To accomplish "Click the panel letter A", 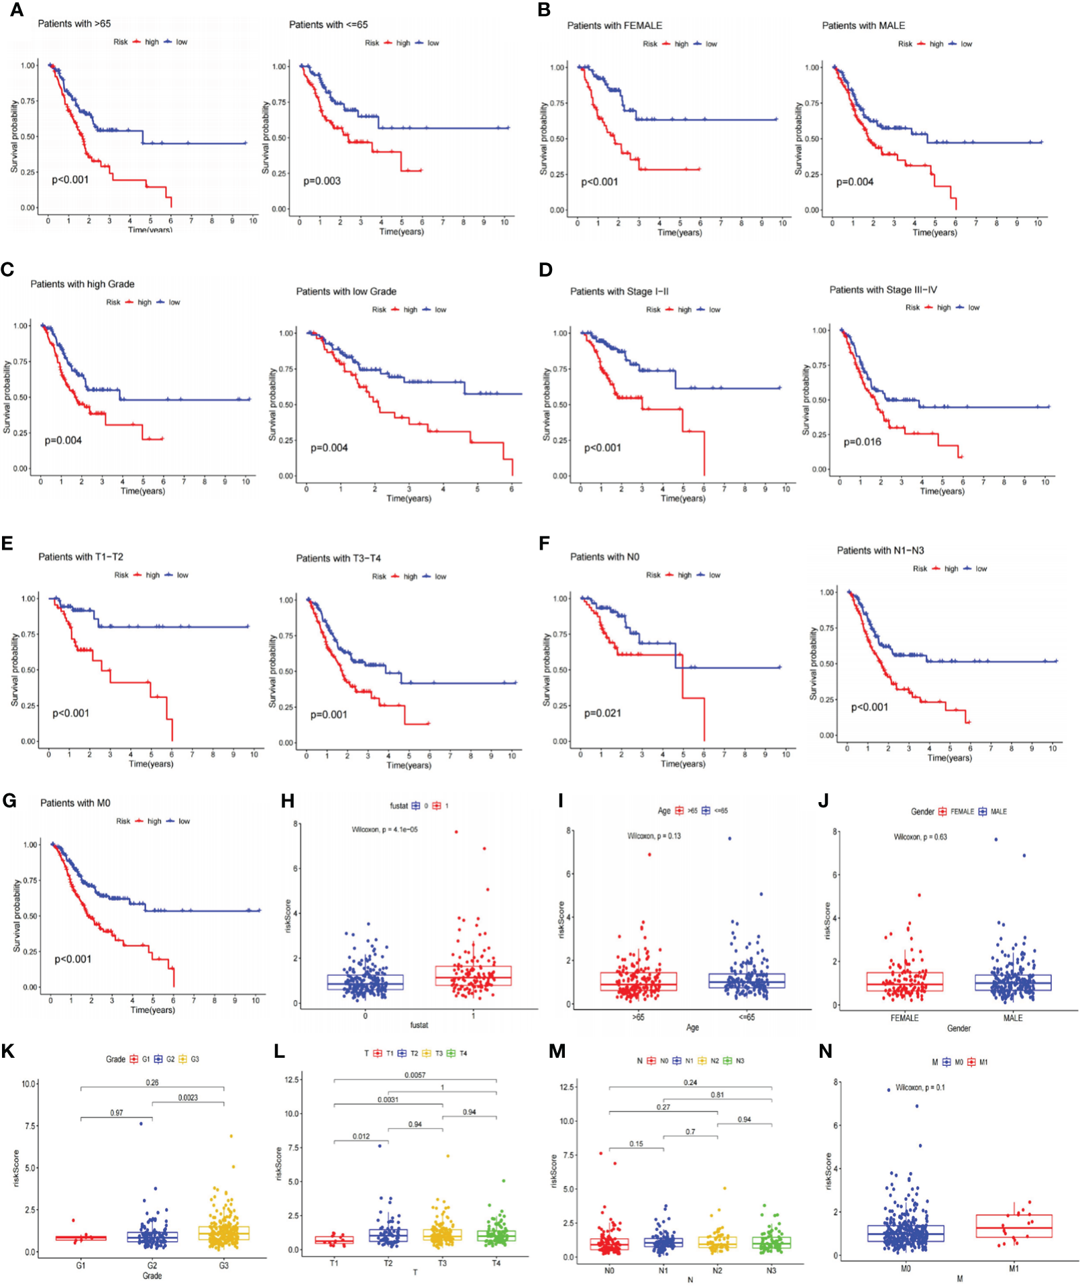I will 16,10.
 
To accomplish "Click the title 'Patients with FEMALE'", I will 614,26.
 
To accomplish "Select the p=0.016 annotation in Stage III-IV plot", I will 862,442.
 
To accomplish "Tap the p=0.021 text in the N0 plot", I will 602,713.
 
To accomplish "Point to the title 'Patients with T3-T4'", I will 338,558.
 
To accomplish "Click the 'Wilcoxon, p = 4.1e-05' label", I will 384,830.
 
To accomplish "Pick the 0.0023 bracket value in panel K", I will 188,1098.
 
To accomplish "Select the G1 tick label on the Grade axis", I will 80,1265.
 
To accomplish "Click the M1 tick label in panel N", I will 1014,1269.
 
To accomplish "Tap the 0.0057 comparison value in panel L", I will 415,1075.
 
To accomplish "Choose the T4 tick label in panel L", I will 496,1263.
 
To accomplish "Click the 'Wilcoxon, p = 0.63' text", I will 920,837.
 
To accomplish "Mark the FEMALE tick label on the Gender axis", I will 904,1018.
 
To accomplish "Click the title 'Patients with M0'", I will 75,803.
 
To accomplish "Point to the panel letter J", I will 824,801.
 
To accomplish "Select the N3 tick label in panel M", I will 771,1271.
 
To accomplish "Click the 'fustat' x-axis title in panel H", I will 419,1025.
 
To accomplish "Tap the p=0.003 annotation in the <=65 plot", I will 322,181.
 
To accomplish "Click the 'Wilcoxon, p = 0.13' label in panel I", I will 654,836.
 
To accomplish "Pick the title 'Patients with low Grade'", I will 346,291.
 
